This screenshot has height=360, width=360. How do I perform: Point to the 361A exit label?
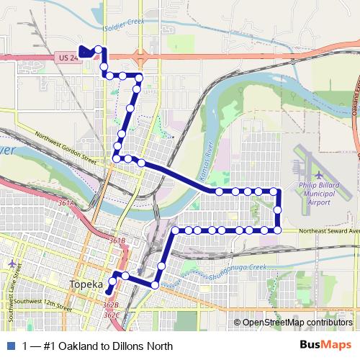tap(66, 204)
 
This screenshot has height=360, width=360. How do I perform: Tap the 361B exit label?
tap(117, 240)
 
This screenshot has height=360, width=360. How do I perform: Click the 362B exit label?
tap(110, 306)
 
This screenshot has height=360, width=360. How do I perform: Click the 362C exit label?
tap(111, 315)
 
